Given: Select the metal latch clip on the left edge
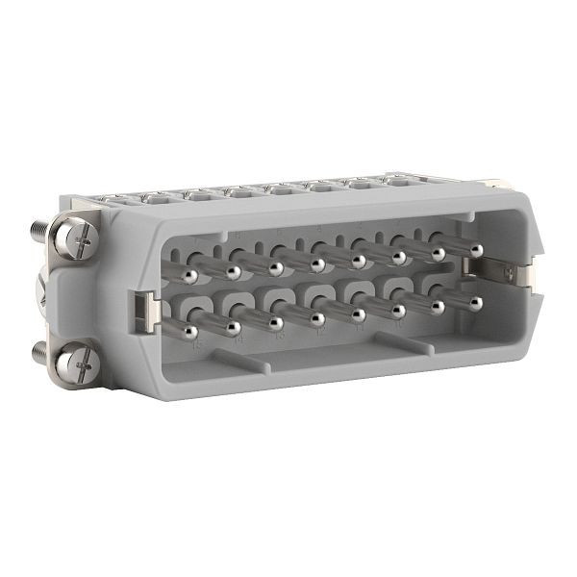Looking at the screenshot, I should coord(140,310).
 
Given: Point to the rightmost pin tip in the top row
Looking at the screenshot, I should coord(475,249).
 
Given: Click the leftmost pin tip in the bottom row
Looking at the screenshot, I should coord(190,333).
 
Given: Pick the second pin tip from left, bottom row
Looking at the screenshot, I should coord(234,328).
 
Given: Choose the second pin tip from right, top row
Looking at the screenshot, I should coord(439,253).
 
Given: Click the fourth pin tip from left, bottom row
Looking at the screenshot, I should coord(317,319).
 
